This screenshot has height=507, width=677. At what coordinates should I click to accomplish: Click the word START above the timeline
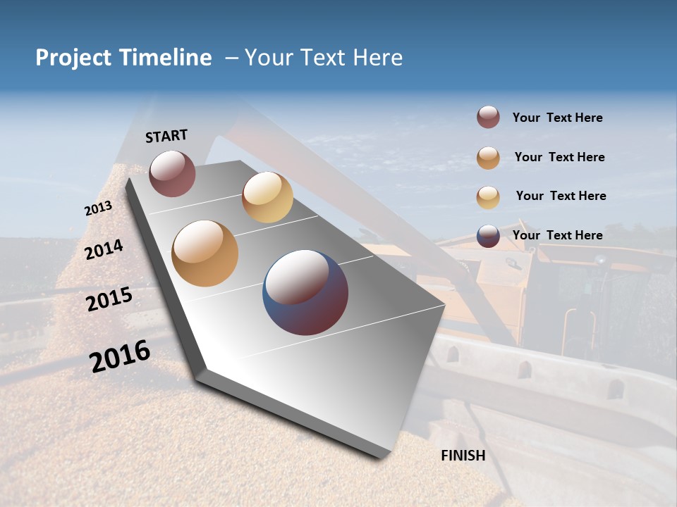(x=166, y=136)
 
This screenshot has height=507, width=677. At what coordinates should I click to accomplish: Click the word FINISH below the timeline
(x=463, y=456)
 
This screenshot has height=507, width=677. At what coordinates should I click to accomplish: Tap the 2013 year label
(x=98, y=208)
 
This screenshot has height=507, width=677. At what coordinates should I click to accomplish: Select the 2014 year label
(x=104, y=250)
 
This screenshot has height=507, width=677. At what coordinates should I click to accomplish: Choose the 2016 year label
(x=120, y=356)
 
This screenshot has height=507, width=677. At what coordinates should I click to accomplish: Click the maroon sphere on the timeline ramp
(x=172, y=173)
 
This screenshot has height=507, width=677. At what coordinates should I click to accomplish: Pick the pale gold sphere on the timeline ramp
(x=267, y=197)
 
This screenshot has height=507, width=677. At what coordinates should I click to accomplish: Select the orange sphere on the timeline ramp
(x=205, y=254)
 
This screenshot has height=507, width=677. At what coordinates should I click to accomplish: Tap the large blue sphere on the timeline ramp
(x=305, y=292)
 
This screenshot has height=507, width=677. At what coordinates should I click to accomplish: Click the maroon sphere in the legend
(x=488, y=118)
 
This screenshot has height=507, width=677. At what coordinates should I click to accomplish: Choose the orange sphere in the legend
(x=488, y=158)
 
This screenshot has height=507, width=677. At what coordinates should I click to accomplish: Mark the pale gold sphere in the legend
(x=488, y=197)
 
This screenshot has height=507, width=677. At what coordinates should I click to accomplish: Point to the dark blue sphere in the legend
(x=488, y=236)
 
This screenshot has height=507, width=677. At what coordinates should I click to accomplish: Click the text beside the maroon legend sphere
(x=557, y=118)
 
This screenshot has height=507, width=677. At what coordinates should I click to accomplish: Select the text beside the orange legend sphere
(x=559, y=157)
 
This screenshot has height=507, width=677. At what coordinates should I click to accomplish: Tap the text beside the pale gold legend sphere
(x=561, y=196)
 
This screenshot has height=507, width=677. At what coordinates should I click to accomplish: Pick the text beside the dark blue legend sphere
(x=557, y=235)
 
